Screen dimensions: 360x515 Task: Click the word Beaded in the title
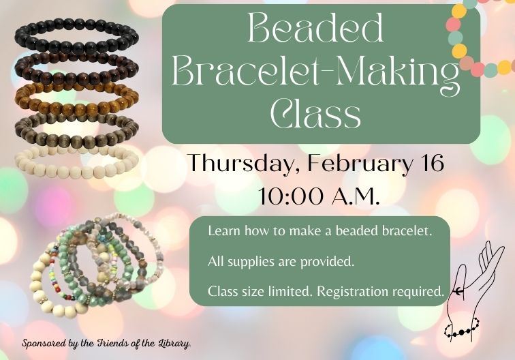(316, 30)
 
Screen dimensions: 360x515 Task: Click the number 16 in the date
(431, 164)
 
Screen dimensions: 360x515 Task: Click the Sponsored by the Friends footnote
(107, 342)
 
